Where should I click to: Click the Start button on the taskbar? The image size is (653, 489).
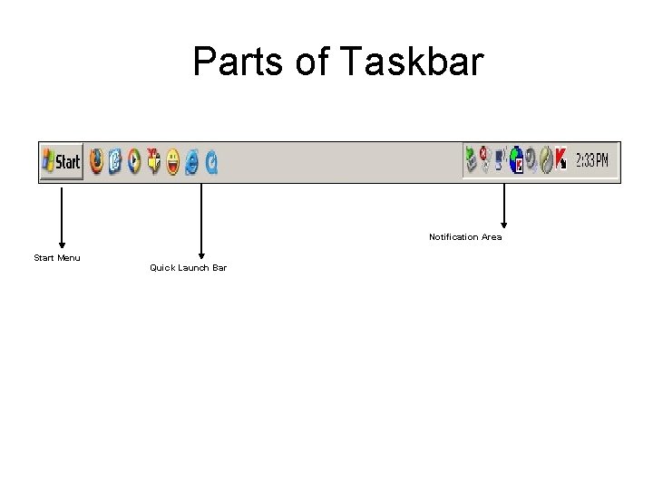(x=62, y=162)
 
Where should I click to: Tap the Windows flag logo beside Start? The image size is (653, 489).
(x=48, y=162)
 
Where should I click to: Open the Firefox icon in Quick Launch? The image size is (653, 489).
(x=96, y=161)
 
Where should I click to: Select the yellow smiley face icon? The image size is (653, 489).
(x=172, y=161)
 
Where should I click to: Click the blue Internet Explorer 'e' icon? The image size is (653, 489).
(x=192, y=161)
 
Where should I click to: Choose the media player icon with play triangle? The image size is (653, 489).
(x=134, y=161)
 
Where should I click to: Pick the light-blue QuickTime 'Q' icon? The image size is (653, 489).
(x=211, y=161)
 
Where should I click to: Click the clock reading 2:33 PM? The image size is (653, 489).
(x=590, y=160)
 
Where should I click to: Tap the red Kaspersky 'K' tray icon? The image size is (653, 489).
(x=560, y=160)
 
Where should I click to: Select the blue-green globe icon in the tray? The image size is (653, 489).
(x=515, y=160)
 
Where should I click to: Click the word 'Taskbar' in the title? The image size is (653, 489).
(x=413, y=62)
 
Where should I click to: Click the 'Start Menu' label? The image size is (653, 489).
(x=57, y=258)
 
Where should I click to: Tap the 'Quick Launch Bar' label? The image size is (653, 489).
(x=188, y=268)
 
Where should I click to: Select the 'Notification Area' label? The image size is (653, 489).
(x=465, y=237)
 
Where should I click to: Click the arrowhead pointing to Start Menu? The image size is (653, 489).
(x=62, y=243)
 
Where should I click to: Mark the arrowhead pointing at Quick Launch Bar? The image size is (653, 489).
(x=201, y=256)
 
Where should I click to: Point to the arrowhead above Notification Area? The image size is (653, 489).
(x=504, y=223)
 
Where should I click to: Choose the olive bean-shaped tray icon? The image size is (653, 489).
(x=546, y=160)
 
